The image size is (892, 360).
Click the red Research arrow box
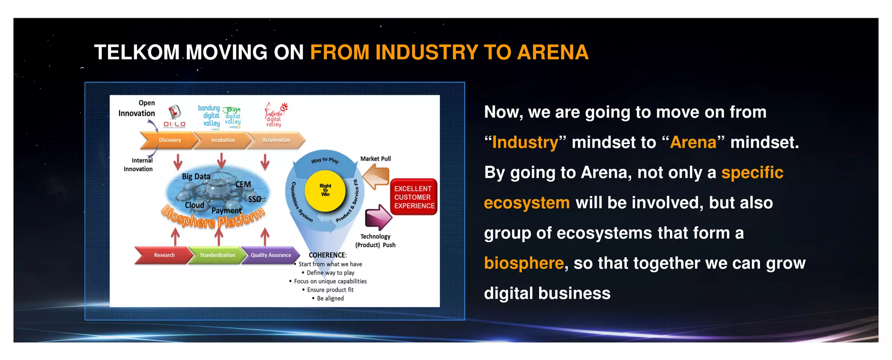[164, 255]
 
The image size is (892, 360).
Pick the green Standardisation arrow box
[217, 255]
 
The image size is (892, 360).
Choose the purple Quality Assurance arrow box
[270, 255]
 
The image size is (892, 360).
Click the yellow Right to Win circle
[325, 190]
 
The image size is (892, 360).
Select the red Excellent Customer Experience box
[414, 197]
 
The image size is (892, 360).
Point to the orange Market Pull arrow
[376, 178]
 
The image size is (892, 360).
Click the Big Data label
[196, 176]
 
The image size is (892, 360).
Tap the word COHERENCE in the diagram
[327, 255]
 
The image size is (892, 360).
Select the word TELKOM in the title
[137, 53]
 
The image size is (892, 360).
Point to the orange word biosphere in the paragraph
[524, 263]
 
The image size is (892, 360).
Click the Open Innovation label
[137, 108]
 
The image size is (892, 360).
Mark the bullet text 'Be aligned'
[330, 299]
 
